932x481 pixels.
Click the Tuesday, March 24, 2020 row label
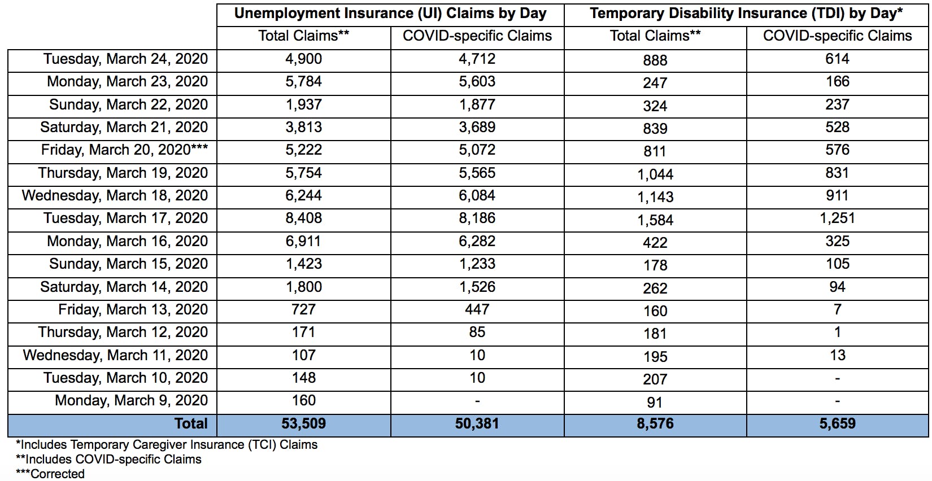click(125, 59)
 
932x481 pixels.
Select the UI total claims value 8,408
click(303, 218)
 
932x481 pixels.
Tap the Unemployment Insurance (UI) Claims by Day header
click(390, 14)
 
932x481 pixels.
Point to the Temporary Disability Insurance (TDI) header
click(746, 14)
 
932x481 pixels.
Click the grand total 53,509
click(303, 424)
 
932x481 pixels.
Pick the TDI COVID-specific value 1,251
click(837, 218)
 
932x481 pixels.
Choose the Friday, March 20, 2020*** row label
click(124, 150)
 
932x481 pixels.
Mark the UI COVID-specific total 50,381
click(477, 424)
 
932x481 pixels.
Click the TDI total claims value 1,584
click(655, 220)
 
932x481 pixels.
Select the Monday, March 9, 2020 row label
click(131, 401)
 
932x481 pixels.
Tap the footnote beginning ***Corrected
click(50, 474)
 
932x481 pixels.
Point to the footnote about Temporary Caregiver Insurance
click(167, 445)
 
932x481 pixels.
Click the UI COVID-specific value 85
click(477, 333)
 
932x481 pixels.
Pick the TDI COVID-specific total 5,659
click(837, 424)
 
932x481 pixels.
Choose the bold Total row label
click(191, 424)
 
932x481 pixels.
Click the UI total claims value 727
click(303, 310)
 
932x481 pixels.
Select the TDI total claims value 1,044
click(655, 174)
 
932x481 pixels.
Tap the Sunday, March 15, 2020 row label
click(128, 264)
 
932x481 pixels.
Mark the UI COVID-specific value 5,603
click(477, 82)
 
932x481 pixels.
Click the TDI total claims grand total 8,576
click(655, 424)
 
